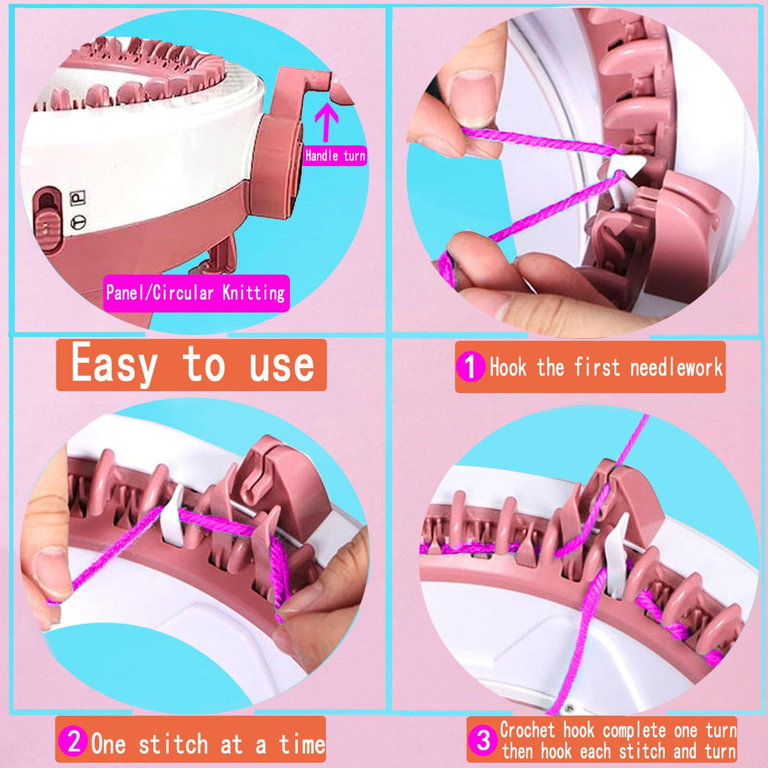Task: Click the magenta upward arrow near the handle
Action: point(326,121)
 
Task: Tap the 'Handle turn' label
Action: point(335,156)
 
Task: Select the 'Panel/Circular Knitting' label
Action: point(195,294)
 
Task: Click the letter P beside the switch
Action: point(78,197)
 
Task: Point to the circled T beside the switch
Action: point(78,221)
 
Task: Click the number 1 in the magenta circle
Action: point(470,367)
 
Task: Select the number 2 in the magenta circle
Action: point(74,741)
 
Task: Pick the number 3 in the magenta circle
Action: point(483,740)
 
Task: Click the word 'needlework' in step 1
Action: point(676,367)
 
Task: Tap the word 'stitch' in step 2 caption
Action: point(173,743)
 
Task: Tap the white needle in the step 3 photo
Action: point(616,558)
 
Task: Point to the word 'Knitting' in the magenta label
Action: point(254,294)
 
